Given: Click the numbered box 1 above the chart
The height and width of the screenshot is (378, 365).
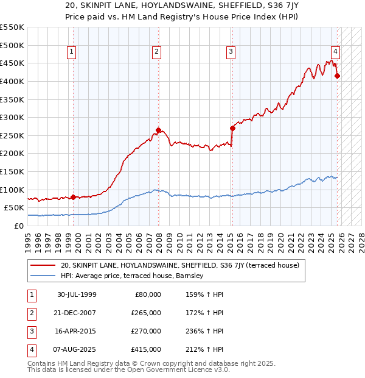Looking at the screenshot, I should coord(72,52).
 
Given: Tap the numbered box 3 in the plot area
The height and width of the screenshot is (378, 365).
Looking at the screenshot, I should coord(231,52).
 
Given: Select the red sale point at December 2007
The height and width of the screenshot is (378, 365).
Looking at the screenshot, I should coord(158,130).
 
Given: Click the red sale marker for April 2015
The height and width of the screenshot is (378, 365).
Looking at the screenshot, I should coord(232,128).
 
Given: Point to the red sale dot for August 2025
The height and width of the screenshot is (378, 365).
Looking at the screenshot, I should coord(338,76).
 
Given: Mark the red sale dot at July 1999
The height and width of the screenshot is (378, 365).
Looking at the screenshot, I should coord(74,197).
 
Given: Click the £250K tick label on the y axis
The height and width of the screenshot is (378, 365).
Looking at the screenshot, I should coord(12,135).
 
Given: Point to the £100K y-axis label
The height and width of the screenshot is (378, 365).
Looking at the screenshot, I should coord(12,190).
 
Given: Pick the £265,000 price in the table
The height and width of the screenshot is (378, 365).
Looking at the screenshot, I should coord(147,313).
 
